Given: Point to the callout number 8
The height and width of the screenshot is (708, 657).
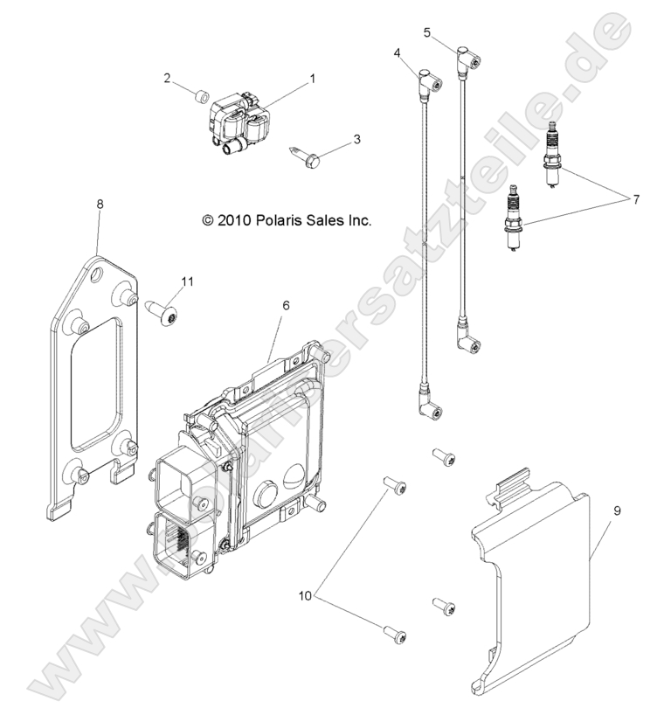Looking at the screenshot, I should coord(99,204).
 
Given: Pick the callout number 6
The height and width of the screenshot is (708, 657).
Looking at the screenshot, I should coord(285,305).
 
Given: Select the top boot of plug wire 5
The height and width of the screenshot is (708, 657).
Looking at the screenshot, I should coord(467,60).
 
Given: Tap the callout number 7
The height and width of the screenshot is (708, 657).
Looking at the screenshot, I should coord(625,200).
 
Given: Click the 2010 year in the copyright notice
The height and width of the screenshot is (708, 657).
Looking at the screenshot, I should coord(233,221).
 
